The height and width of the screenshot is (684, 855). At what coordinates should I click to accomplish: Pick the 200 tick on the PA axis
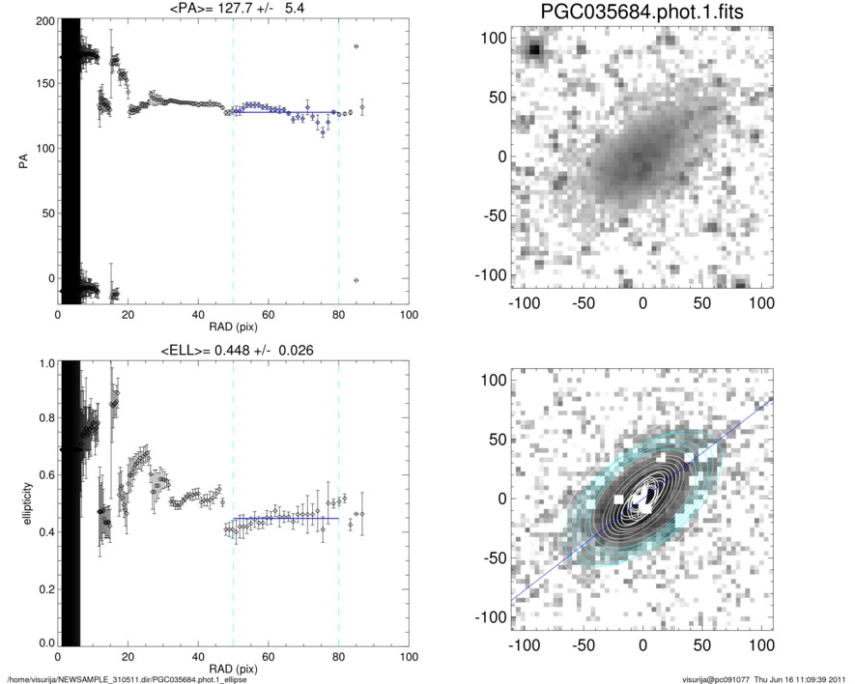pos(43,20)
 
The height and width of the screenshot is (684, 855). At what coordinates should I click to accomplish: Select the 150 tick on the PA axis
pos(43,84)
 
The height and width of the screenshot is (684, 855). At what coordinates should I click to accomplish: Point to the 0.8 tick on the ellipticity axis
pos(45,419)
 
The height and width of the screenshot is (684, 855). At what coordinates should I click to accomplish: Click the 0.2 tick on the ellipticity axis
pos(45,587)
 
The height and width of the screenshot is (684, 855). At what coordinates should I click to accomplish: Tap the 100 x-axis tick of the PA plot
pos(409,315)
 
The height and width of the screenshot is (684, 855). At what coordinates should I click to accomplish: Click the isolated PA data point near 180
pos(356,46)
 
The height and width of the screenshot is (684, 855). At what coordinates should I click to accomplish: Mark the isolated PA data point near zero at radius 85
pos(356,280)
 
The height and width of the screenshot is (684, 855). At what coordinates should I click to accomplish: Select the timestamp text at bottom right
pos(763,678)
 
